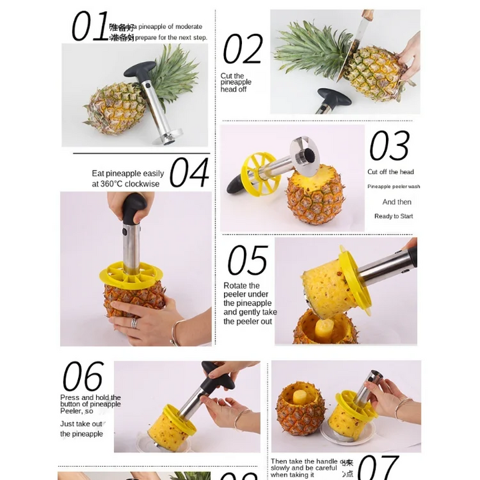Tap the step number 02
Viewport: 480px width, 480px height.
[x=243, y=49]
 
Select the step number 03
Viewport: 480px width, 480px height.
[x=389, y=147]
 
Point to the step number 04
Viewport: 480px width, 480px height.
[x=189, y=173]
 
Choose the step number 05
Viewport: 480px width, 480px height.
[x=247, y=261]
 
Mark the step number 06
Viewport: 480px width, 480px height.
[x=83, y=377]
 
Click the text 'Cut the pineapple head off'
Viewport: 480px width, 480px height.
[x=236, y=83]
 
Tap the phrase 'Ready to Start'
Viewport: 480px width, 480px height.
[x=393, y=216]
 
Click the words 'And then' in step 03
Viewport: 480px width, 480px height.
[x=397, y=202]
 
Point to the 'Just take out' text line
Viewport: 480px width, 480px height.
[x=81, y=423]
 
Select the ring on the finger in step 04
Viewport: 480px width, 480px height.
[x=134, y=323]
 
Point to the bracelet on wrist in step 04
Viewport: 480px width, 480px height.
[x=176, y=331]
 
